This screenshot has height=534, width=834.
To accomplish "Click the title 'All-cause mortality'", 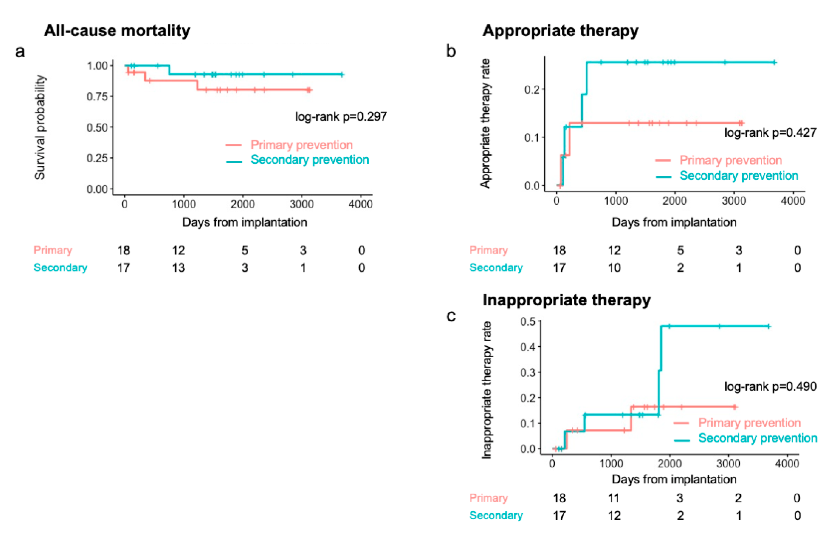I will point(117,31).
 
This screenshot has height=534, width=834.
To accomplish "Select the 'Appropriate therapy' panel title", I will point(560,31).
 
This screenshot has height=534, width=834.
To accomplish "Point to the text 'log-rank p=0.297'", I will point(341,117).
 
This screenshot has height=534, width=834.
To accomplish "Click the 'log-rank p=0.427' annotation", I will point(770,132).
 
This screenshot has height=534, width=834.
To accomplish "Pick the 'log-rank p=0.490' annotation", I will point(770,386).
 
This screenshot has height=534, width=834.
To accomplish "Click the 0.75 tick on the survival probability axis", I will point(97,96).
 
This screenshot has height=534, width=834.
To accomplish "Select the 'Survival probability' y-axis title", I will point(40,128).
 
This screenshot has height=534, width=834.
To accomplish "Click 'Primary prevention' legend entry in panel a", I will point(301,145).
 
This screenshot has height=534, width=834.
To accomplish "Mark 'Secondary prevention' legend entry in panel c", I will point(757,438).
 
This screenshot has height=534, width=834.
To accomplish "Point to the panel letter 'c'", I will point(451,316).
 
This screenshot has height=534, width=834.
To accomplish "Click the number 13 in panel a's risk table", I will point(178,268).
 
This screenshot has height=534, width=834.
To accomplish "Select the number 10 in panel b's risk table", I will point(614,268).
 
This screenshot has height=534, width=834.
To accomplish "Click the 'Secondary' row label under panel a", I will point(60,268).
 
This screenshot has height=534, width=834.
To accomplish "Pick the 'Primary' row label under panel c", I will point(488,498).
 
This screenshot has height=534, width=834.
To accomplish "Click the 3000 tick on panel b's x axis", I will point(734,201).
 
